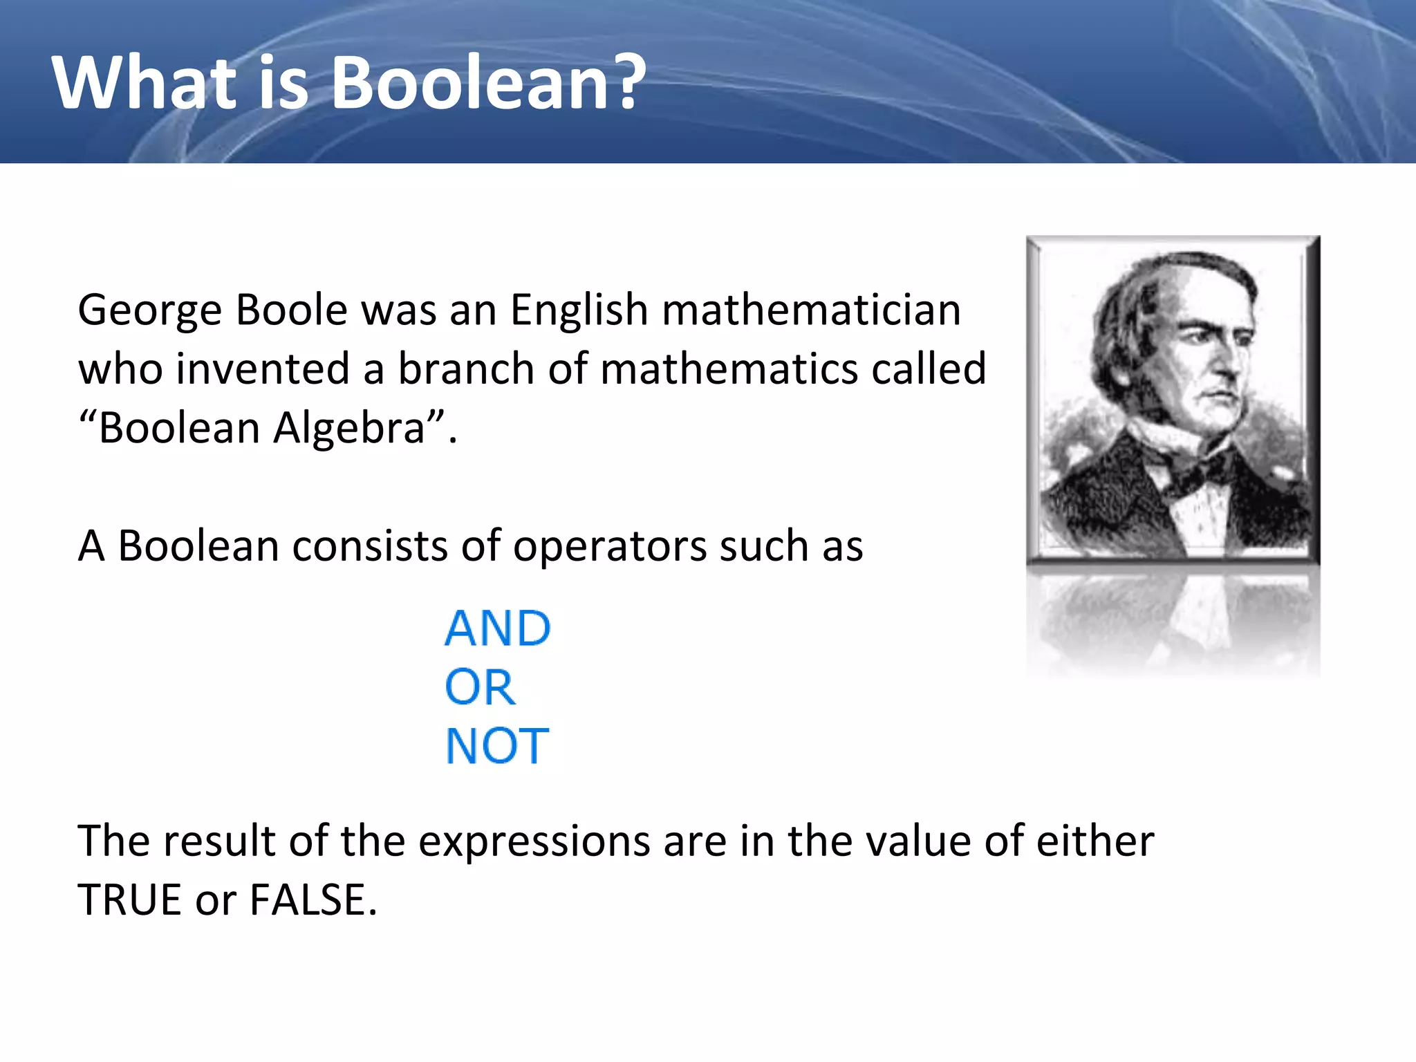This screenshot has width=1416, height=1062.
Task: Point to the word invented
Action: pyautogui.click(x=262, y=369)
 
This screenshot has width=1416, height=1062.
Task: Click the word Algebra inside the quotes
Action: pyautogui.click(x=349, y=428)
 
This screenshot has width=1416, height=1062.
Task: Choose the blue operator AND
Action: pyautogui.click(x=497, y=628)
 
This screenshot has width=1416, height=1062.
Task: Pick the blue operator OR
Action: pyautogui.click(x=480, y=687)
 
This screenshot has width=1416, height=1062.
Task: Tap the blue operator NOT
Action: pyautogui.click(x=497, y=746)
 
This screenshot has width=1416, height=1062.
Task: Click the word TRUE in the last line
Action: pyautogui.click(x=129, y=900)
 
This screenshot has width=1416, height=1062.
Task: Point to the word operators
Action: pyautogui.click(x=609, y=547)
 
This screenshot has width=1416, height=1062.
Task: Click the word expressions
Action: pyautogui.click(x=534, y=841)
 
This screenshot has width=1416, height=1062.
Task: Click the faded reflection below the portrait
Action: pyautogui.click(x=1173, y=622)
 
